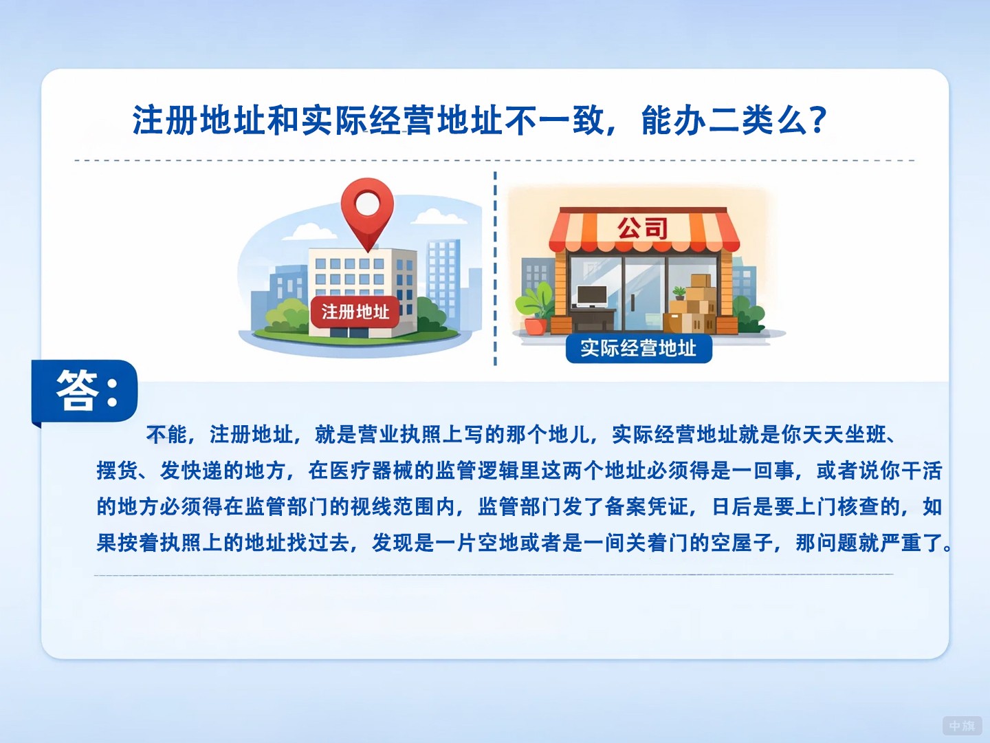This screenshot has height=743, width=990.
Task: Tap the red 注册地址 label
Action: coord(355,312)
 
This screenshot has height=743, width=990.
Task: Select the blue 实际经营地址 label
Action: coord(638,348)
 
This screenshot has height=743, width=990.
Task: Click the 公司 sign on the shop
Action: coord(642,228)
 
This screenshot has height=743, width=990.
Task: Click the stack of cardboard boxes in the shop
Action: coord(694,306)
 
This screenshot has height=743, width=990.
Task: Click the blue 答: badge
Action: coord(85,391)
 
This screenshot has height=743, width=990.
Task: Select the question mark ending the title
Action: coord(817,121)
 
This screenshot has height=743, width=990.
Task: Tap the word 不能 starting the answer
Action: coord(166,435)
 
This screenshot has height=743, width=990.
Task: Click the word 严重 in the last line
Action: coord(901,543)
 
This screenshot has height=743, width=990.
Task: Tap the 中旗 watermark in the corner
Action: coord(962,726)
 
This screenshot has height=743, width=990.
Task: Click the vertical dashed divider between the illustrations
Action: coord(495,268)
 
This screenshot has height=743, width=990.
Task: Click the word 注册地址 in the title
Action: coord(199,121)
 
